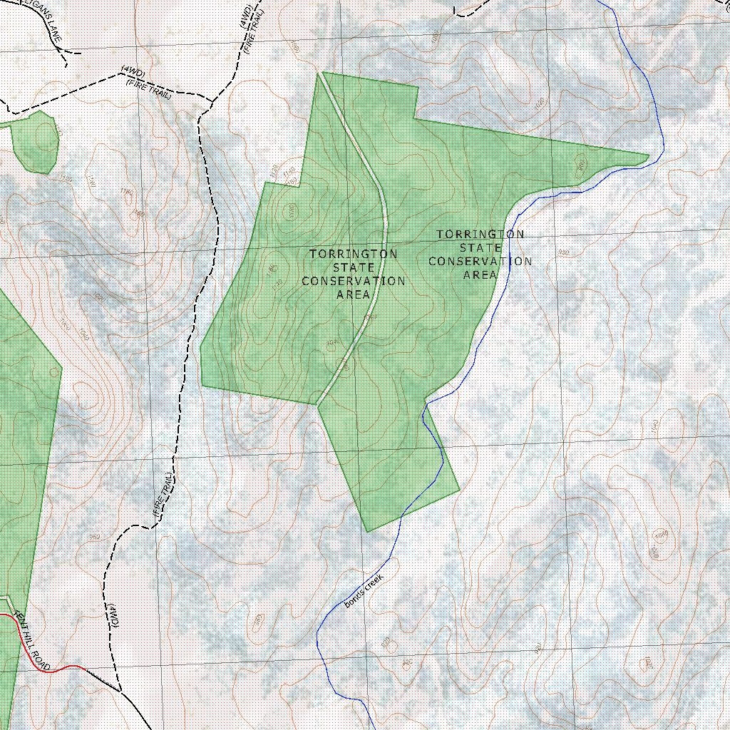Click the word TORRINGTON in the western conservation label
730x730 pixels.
point(354,254)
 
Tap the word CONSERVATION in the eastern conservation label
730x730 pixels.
point(480,262)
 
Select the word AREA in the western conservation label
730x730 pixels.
point(354,294)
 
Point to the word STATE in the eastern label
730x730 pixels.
point(480,248)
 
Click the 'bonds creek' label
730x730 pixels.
point(364,591)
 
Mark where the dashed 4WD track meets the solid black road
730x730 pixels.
point(120,691)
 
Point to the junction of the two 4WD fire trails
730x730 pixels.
point(212,101)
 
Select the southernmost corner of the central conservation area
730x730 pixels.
point(368,530)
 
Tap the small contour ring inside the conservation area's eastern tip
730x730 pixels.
point(580,166)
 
